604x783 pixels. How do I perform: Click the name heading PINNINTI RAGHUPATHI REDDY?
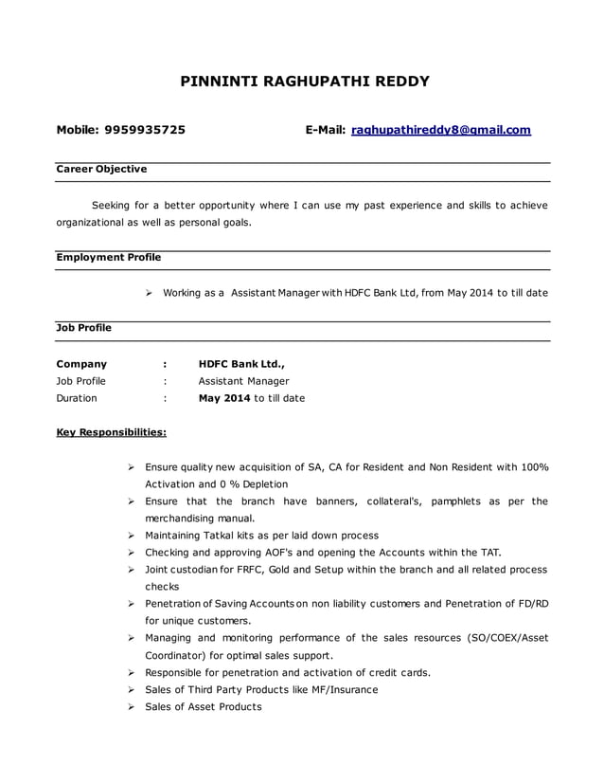(304, 82)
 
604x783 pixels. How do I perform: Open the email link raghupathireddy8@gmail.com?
(441, 130)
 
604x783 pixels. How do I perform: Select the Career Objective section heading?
(101, 169)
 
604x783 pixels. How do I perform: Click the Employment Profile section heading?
(109, 257)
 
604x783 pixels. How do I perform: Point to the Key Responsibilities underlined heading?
(112, 432)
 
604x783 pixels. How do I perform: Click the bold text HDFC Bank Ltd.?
(241, 363)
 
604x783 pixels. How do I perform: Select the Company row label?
(81, 363)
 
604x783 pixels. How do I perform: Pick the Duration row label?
(77, 398)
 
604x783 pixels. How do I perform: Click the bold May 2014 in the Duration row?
(224, 398)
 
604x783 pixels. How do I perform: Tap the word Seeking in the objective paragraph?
(113, 205)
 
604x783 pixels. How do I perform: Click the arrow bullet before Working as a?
(150, 293)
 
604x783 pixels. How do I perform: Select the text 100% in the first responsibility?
(535, 466)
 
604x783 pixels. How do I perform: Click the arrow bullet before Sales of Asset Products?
(132, 706)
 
